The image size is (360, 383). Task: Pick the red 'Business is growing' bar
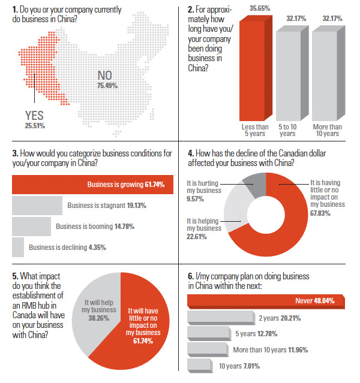coord(90,184)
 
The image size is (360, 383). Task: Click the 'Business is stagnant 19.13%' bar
coord(37,205)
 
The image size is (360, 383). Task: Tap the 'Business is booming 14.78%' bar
coord(31,227)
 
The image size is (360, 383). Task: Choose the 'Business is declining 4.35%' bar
coord(18,247)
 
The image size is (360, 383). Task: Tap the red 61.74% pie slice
coord(147,324)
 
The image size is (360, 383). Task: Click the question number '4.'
coord(191,153)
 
